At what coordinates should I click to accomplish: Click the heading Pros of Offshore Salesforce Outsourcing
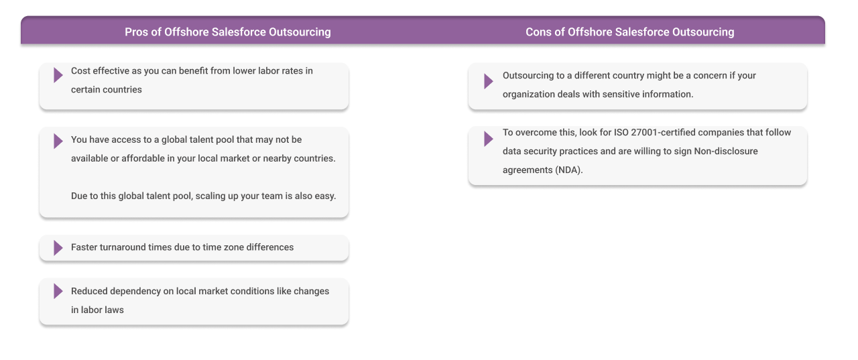click(227, 32)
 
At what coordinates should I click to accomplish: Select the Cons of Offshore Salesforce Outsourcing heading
click(629, 32)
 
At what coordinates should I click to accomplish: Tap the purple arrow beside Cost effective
click(58, 75)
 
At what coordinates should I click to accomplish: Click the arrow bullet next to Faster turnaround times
click(58, 247)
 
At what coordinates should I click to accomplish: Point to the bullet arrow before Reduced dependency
click(58, 291)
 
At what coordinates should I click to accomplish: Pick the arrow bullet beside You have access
click(58, 141)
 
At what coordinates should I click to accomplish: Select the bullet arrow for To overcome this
click(488, 139)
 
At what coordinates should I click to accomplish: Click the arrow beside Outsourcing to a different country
click(488, 81)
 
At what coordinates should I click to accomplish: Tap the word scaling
click(213, 196)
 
